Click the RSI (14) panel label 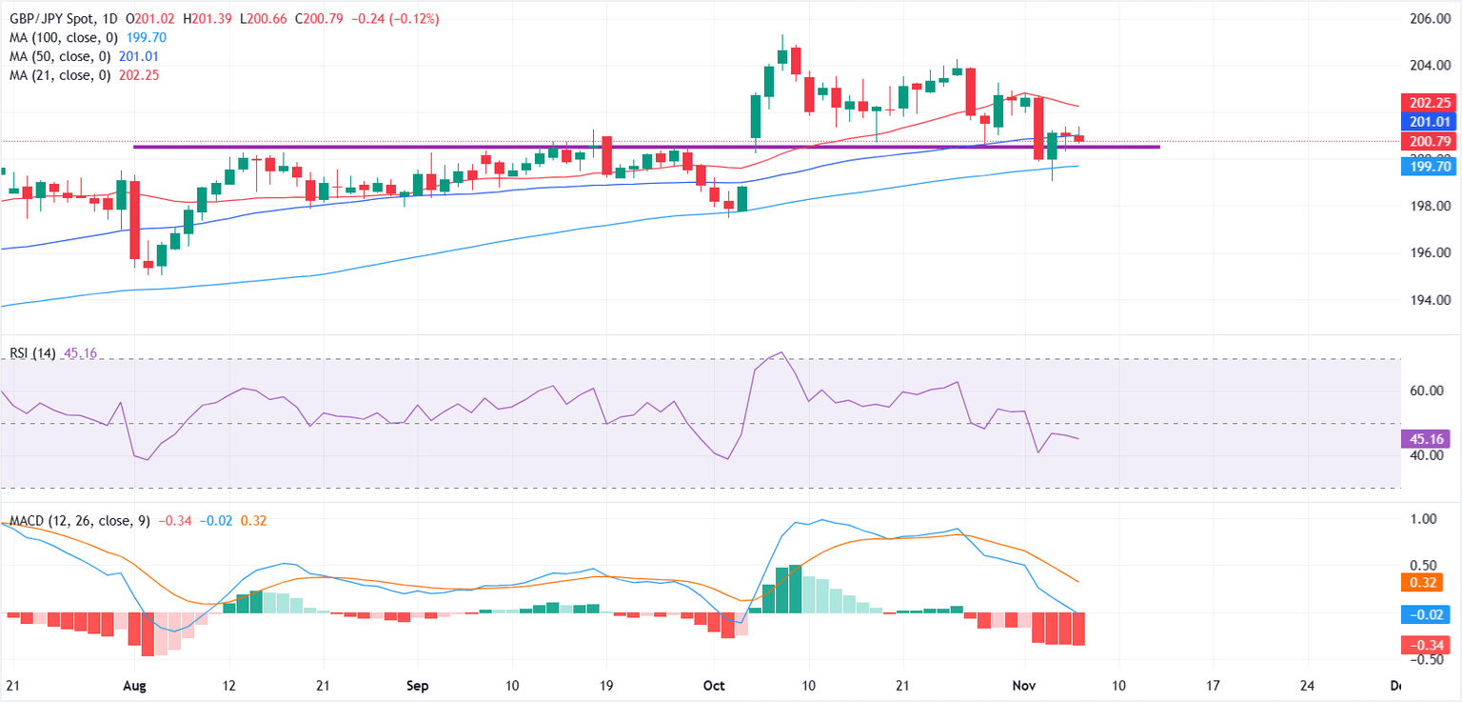31,353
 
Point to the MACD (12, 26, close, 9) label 79,521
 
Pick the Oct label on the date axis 714,685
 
